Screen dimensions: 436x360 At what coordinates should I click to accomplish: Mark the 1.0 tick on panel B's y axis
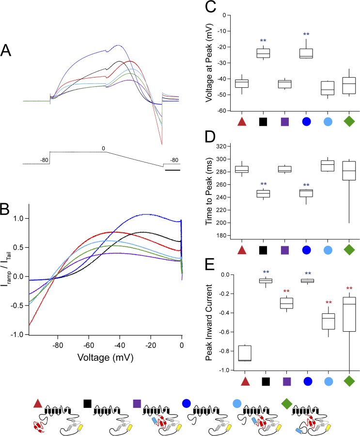point(19,219)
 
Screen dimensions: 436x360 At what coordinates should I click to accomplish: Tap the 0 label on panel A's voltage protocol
point(103,147)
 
